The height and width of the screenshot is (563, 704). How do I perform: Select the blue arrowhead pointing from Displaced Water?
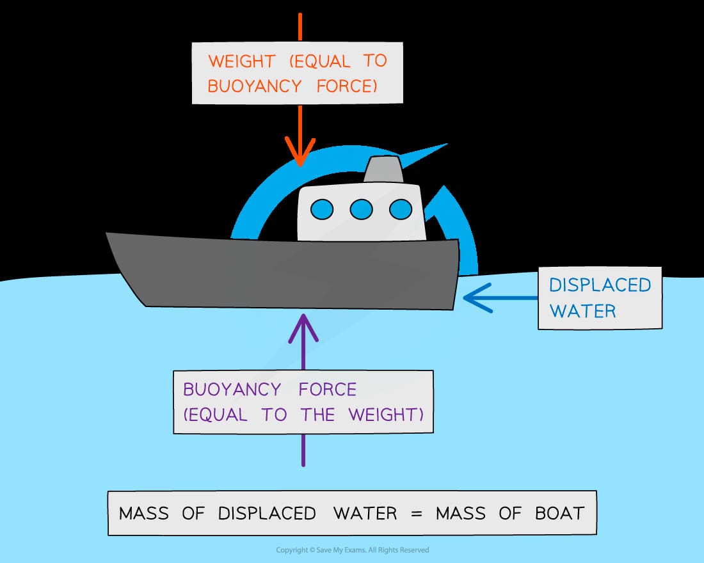[477, 297]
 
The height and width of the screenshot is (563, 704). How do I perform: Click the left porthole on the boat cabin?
[322, 210]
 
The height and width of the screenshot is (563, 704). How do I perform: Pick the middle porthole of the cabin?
[362, 210]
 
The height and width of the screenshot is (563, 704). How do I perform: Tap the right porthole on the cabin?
[401, 210]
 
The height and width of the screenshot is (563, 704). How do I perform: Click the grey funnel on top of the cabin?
[383, 170]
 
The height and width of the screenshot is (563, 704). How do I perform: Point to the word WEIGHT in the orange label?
[241, 61]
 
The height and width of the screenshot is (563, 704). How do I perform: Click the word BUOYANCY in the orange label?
[255, 86]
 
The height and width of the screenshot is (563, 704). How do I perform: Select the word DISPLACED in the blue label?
[600, 285]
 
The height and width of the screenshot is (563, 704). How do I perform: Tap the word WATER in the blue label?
[583, 311]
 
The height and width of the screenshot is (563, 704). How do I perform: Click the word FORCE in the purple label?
[328, 389]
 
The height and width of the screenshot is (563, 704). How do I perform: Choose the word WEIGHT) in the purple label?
[386, 415]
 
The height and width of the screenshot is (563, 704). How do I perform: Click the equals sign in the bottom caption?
[416, 514]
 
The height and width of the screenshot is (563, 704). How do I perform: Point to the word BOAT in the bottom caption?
[559, 513]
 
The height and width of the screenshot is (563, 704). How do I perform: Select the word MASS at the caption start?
[143, 513]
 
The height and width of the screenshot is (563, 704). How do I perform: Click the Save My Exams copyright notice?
[353, 550]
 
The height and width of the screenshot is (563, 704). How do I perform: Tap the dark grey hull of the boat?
[283, 272]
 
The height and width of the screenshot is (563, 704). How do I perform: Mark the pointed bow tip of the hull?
[107, 233]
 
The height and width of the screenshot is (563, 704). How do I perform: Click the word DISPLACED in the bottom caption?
[267, 513]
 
